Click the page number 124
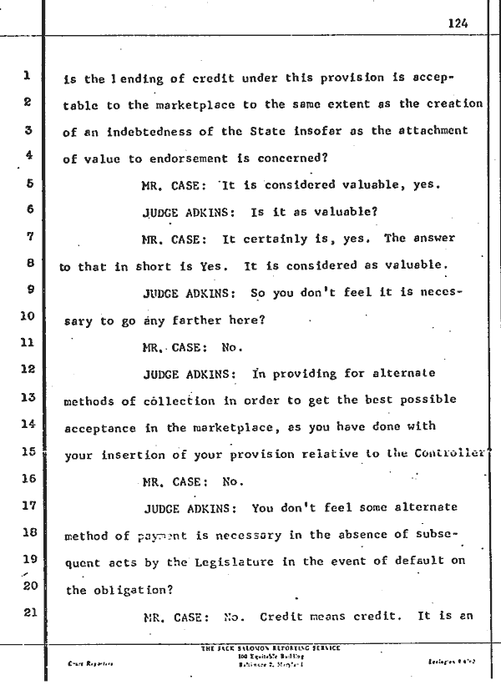coord(458,23)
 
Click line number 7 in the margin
coord(28,238)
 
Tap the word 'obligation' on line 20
coord(120,590)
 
